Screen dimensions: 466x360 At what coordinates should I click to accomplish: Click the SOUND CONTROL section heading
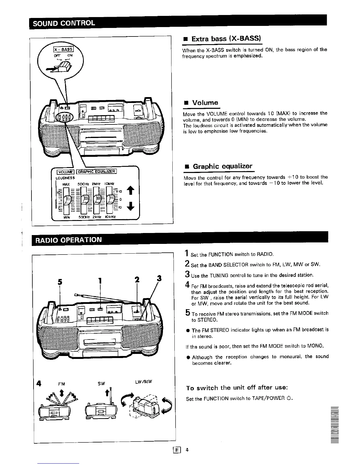tap(64, 23)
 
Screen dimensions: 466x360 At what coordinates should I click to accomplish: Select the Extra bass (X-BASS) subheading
tap(226, 39)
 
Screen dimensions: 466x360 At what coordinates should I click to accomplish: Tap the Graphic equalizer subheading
tap(222, 166)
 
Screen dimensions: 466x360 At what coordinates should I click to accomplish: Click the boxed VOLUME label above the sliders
tap(66, 172)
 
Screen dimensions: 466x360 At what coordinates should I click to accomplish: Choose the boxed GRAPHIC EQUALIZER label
tap(97, 172)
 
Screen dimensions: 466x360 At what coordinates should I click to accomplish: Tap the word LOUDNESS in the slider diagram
tap(65, 178)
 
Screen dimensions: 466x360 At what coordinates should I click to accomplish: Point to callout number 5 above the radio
tap(60, 282)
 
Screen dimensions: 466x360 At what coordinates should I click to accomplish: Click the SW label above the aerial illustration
tap(101, 384)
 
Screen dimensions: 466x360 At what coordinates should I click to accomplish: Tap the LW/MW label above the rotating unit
tap(144, 382)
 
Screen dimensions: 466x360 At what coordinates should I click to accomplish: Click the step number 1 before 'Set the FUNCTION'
tap(187, 253)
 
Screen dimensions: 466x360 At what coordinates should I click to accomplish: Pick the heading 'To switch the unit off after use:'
tap(236, 388)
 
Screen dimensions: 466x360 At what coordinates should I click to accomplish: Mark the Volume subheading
tap(205, 103)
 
